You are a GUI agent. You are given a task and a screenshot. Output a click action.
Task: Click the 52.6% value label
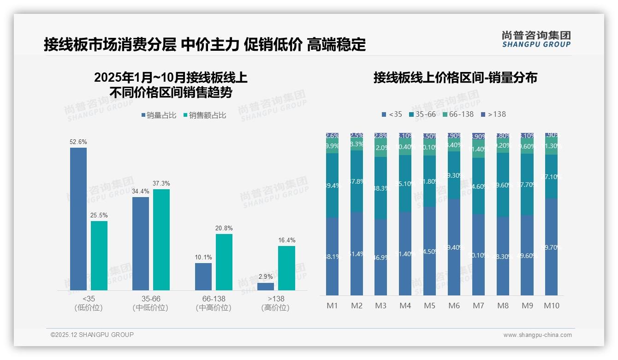[78, 142]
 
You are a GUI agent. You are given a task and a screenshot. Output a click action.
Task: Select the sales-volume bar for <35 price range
[78, 219]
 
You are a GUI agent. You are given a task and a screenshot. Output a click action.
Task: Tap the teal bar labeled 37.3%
[161, 240]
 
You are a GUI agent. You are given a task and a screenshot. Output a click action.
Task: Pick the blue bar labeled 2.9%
[266, 287]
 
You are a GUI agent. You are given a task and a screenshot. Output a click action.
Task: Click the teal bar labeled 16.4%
[286, 268]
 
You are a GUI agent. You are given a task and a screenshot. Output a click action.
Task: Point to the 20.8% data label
[224, 228]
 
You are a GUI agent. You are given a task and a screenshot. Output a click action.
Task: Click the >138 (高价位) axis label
[275, 303]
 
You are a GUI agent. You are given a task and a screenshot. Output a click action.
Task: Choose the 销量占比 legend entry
[159, 115]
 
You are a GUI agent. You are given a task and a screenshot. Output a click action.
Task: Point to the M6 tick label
[454, 306]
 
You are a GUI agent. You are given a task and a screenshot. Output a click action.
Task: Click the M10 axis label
[551, 306]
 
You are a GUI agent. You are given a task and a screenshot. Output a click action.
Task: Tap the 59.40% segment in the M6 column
[454, 247]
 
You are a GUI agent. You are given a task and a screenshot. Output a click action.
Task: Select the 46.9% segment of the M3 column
[380, 258]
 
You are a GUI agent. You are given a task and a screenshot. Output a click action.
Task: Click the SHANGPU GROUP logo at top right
[536, 39]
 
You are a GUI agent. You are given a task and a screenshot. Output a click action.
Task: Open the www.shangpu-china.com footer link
[537, 335]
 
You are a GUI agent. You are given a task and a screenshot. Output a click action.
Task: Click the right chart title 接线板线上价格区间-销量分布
[455, 78]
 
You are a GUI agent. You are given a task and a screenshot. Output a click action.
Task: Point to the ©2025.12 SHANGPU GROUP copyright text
[92, 335]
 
